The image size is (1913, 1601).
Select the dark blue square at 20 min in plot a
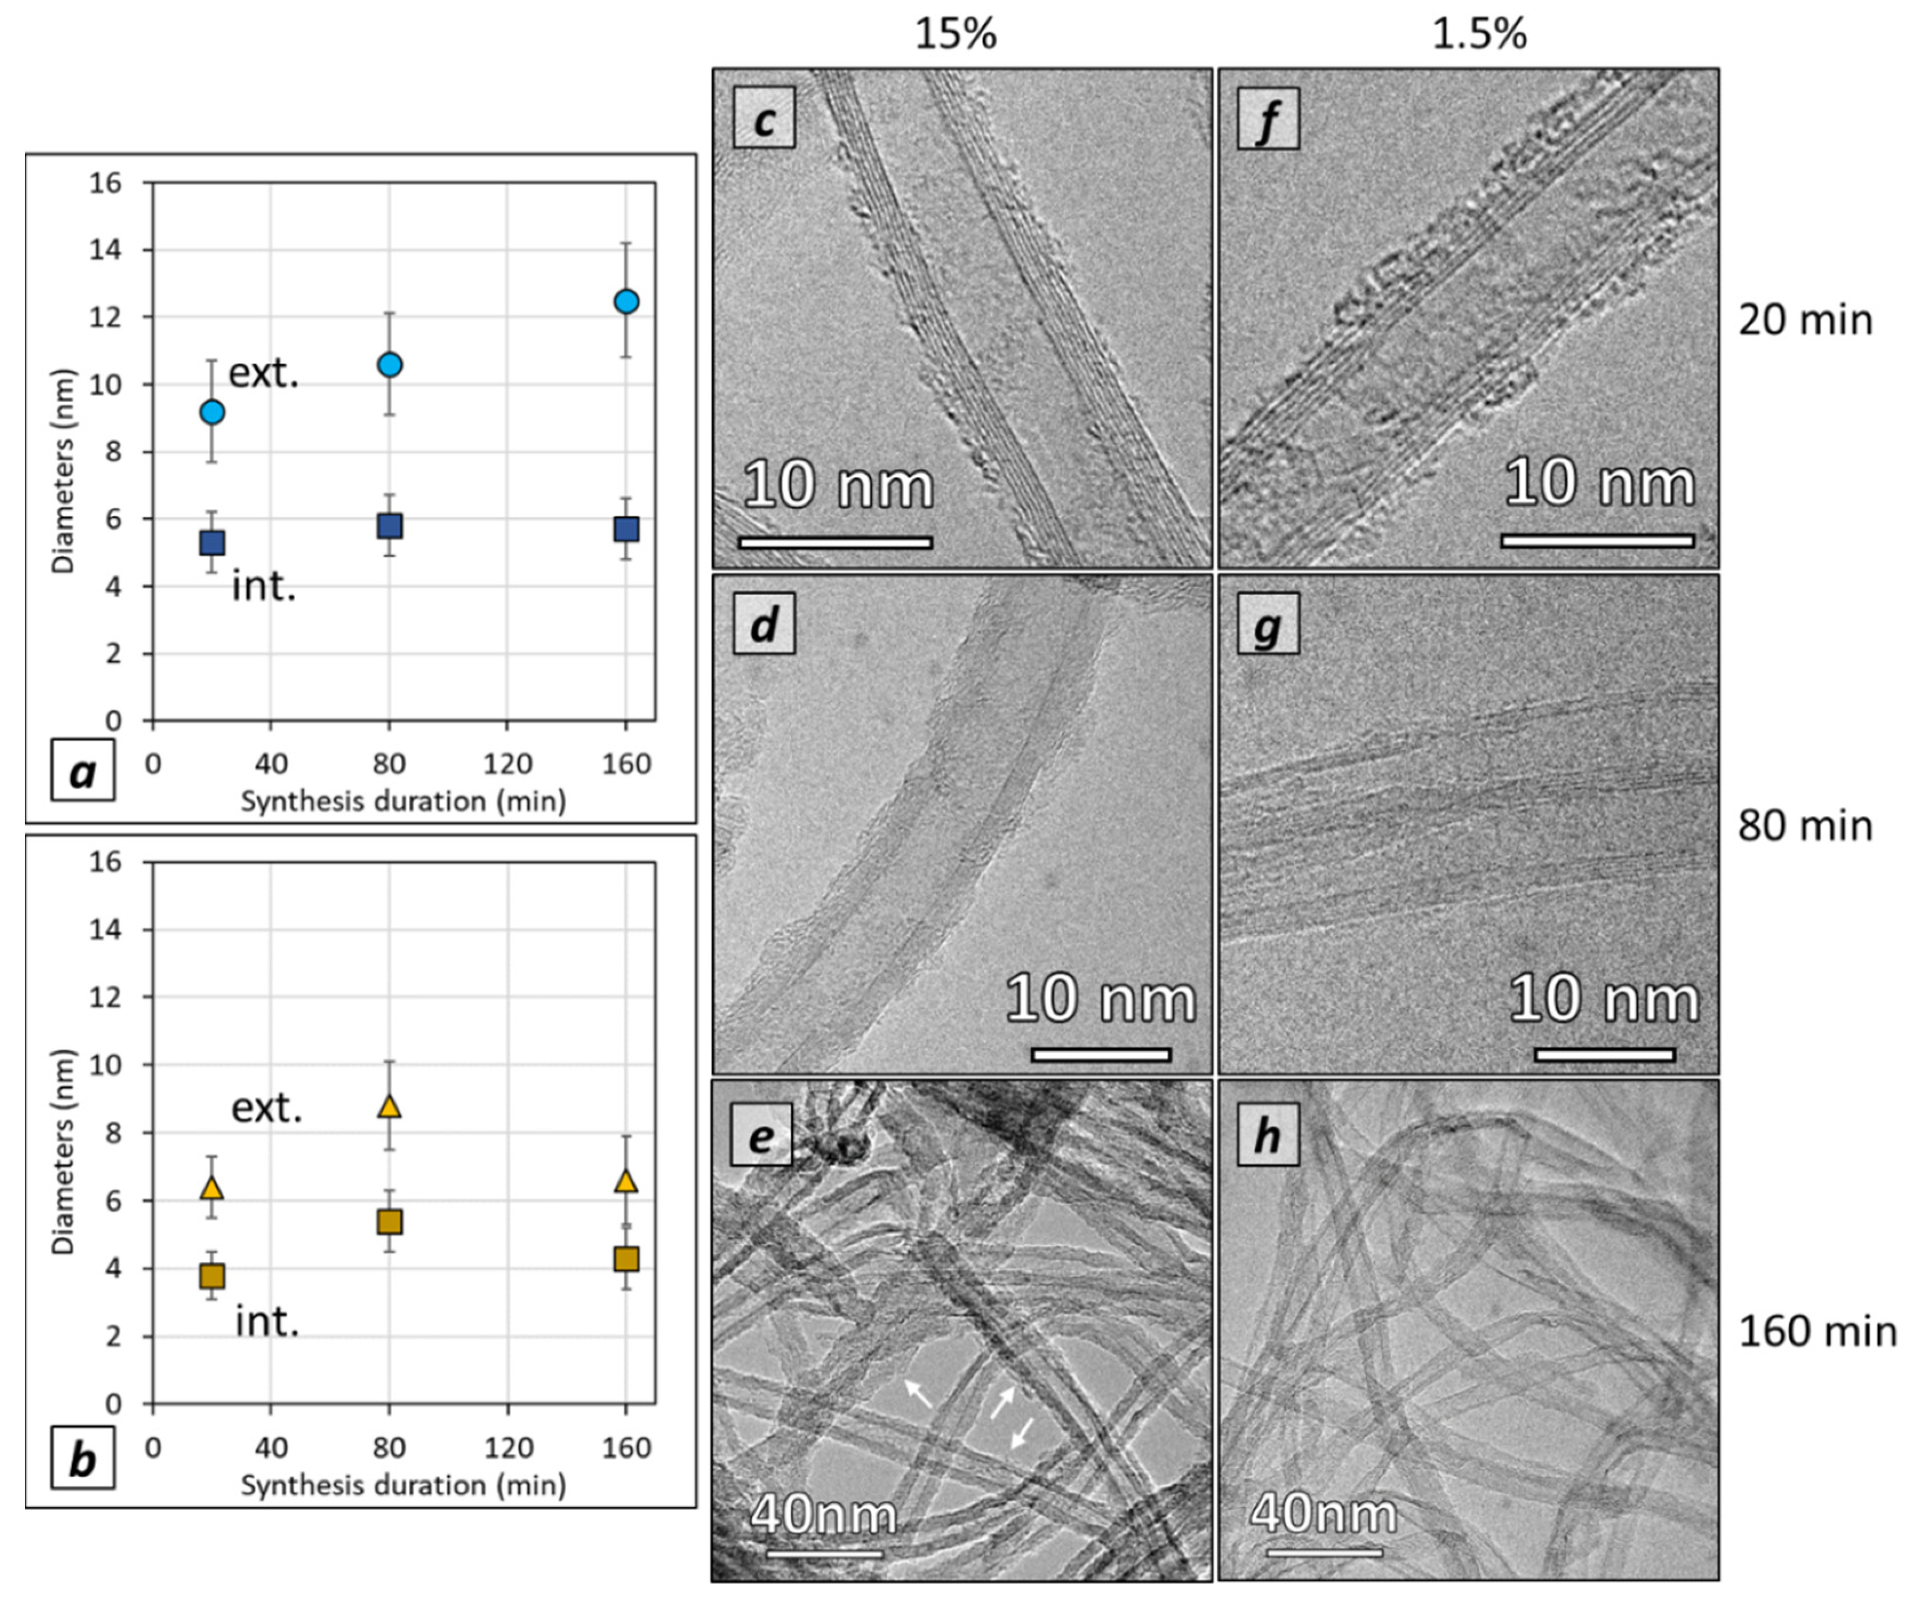211,543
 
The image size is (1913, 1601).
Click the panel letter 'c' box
764,118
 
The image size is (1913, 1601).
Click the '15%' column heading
956,35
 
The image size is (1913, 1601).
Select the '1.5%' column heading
1479,35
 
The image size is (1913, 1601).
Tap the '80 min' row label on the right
1804,826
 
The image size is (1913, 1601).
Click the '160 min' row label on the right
1818,1331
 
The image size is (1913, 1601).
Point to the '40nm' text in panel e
824,1515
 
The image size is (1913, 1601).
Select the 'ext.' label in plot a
263,373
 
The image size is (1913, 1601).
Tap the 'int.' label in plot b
267,1322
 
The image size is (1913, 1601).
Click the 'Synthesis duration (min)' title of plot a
402,802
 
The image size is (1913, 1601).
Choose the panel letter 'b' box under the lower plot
83,1461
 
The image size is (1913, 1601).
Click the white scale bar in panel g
1604,1055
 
